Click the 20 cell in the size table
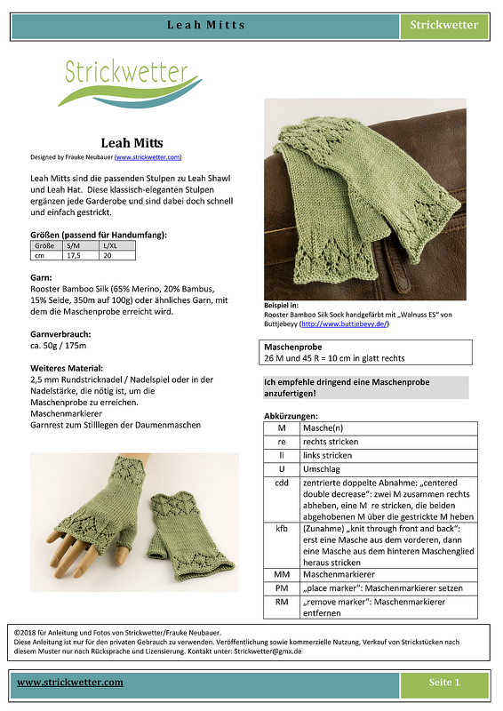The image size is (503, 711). tap(108, 255)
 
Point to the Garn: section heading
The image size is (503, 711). tap(41, 278)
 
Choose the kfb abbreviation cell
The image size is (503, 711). tap(281, 528)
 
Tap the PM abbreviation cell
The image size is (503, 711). tap(281, 588)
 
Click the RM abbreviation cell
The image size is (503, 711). tap(281, 603)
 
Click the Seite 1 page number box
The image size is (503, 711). tap(443, 683)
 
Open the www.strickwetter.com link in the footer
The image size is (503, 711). tap(70, 683)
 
